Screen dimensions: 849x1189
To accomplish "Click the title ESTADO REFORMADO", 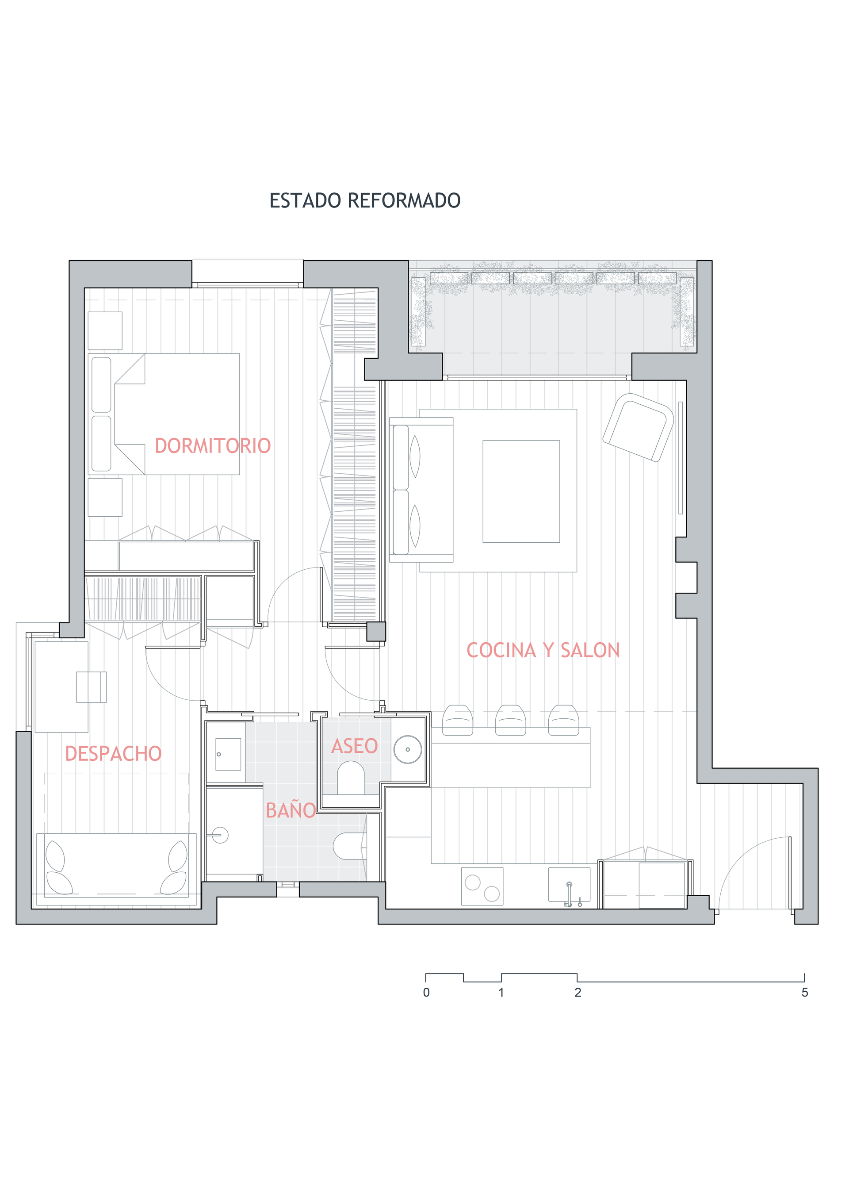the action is (x=364, y=200).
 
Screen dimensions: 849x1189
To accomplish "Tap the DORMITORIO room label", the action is (x=212, y=445).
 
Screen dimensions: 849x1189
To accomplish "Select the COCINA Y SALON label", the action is (x=543, y=650).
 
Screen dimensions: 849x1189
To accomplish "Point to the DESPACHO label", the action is (x=113, y=753).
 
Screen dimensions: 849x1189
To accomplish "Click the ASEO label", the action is (x=355, y=746).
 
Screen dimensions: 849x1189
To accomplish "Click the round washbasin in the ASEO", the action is (x=407, y=749).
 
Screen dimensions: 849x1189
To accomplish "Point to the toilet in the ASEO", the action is (x=350, y=778).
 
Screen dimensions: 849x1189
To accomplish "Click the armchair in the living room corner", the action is (x=638, y=427).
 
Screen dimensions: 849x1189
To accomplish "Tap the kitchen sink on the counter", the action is (x=569, y=885).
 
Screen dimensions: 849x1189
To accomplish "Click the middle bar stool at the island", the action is (x=510, y=720).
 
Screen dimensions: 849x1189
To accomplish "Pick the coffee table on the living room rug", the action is (x=521, y=491).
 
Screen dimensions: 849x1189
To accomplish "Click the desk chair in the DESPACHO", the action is (x=92, y=687).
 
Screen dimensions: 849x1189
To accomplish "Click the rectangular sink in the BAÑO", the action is (x=228, y=754).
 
